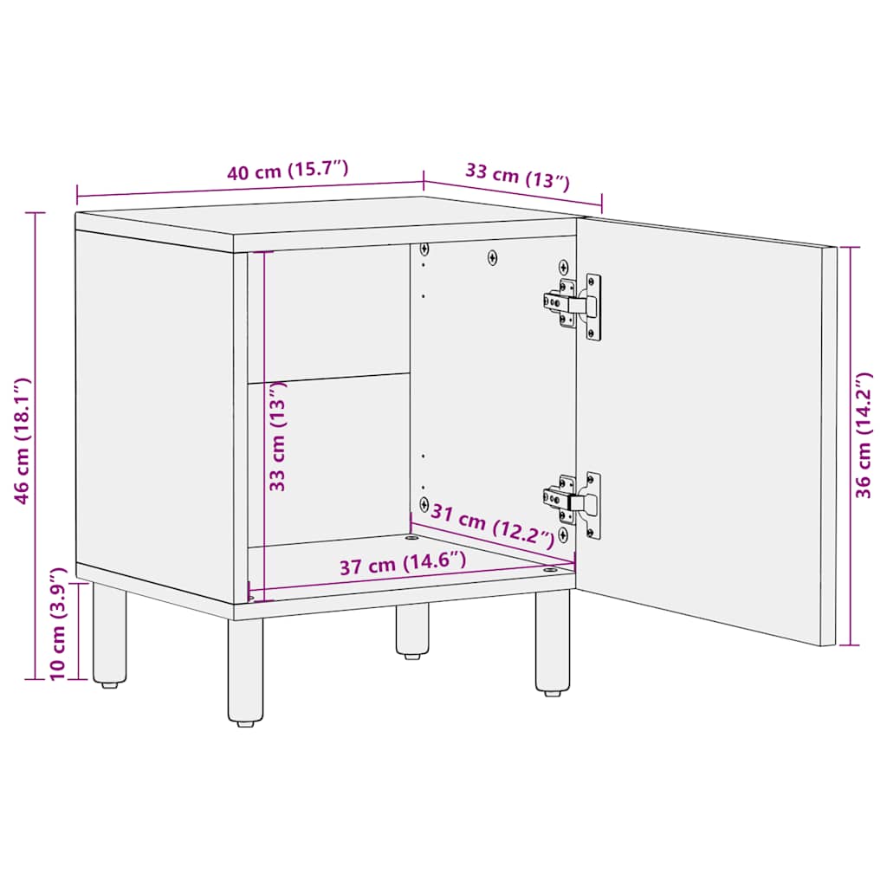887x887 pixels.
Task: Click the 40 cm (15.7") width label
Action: tap(288, 171)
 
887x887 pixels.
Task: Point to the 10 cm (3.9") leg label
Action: tap(58, 623)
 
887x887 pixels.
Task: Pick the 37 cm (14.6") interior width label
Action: tap(403, 566)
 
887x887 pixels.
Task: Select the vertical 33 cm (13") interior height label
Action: tap(278, 436)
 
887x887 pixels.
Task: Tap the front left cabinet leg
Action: tap(245, 671)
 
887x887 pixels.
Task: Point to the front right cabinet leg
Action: tap(553, 642)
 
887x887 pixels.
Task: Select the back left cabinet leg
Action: tap(110, 635)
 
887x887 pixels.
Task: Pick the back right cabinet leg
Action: tap(412, 631)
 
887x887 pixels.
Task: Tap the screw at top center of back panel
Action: tap(493, 257)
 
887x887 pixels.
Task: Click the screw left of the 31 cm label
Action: tap(424, 503)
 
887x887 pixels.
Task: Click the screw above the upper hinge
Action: tap(564, 266)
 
